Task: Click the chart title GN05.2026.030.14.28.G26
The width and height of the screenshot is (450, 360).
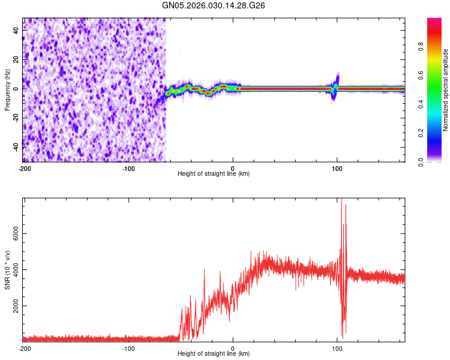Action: [214, 5]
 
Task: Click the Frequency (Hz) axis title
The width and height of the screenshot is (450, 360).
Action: [7, 89]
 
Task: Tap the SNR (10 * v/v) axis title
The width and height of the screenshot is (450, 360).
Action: [7, 268]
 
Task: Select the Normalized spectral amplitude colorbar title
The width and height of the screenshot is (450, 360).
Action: [446, 90]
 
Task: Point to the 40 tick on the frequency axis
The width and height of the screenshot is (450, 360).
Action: [16, 31]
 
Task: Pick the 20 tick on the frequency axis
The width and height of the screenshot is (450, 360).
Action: [16, 59]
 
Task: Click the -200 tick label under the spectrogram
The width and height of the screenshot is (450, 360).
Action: [24, 167]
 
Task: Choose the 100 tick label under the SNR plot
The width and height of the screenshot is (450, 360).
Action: [337, 348]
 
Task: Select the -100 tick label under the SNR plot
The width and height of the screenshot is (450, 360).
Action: [128, 348]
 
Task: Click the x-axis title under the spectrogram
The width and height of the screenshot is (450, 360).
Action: [214, 174]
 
